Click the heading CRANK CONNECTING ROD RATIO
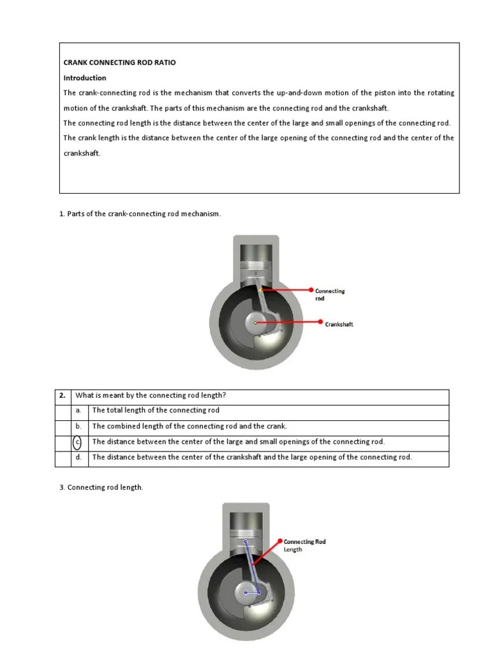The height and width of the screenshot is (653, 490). point(119,62)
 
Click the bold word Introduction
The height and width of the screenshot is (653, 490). point(84,78)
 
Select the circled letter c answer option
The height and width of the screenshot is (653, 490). point(78,442)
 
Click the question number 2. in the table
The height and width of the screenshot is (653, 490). point(63,395)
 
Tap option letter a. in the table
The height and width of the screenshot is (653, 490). point(78,411)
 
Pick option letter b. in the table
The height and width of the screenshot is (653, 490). point(78,426)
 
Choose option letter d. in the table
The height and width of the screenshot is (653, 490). point(78,457)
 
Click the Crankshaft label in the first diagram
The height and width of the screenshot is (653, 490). point(339,324)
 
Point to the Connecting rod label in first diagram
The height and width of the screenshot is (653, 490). point(329,295)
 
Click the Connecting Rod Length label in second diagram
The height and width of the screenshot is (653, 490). point(304,545)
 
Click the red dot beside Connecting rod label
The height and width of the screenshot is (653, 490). point(311,290)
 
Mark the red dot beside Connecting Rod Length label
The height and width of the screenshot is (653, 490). point(280,541)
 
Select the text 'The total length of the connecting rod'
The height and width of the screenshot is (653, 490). point(156,411)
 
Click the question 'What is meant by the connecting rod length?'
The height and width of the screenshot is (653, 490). point(151,395)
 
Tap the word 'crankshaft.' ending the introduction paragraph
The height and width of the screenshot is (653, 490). point(82,153)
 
